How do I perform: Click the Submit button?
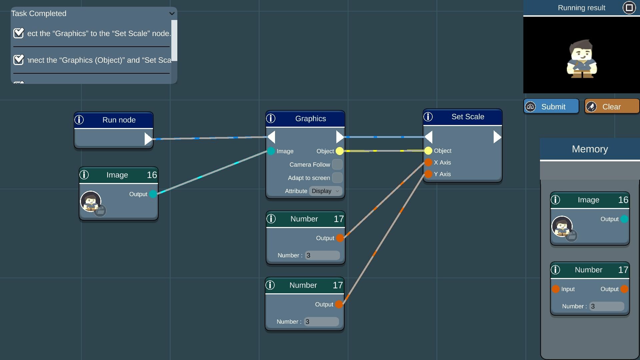551,107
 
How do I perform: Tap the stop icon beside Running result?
629,8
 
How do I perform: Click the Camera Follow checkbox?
337,164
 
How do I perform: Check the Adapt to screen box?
337,178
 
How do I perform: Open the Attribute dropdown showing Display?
325,191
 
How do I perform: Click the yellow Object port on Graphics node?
339,151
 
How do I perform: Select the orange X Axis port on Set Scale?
428,162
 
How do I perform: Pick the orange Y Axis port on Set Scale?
428,174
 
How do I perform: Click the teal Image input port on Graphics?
271,151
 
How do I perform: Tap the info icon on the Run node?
79,120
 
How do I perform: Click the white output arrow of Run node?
148,139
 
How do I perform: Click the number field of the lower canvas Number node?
321,322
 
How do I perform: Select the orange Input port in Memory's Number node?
555,289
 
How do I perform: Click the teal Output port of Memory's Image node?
624,219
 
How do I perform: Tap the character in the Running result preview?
582,59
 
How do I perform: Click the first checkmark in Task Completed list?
19,33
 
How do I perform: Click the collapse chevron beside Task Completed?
172,14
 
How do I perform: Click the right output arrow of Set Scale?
497,137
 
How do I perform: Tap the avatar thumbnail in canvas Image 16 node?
91,201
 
